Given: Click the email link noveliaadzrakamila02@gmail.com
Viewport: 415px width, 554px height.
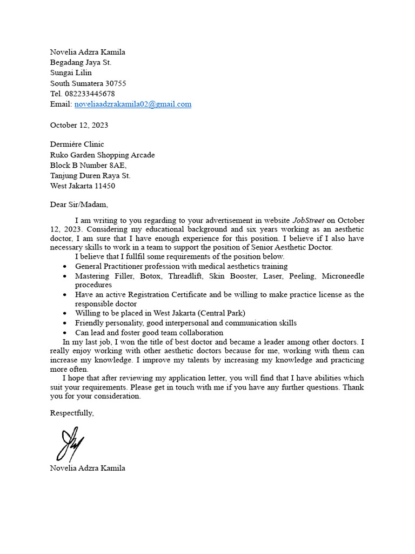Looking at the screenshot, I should [132, 104].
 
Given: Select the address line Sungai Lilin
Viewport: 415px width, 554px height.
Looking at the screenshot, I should [71, 73].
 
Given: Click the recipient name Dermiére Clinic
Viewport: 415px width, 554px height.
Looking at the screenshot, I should [77, 144].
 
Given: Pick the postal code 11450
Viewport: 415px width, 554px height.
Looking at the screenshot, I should [104, 186].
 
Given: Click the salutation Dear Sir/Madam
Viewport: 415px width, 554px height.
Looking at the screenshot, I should [79, 205].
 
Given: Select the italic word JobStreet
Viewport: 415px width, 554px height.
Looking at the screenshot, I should [309, 220].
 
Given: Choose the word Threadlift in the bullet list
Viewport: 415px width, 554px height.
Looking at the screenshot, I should [186, 276].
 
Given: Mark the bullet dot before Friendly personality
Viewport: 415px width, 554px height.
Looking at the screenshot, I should [65, 323].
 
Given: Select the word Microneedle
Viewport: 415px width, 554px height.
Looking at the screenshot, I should [343, 276].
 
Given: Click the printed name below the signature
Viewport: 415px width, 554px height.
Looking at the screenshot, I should [88, 468].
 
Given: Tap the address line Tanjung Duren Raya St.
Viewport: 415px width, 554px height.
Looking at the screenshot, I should [90, 176].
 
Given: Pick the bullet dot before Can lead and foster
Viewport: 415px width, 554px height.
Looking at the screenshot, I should [65, 333].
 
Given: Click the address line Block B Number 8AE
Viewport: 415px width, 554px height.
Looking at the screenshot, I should [88, 166].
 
